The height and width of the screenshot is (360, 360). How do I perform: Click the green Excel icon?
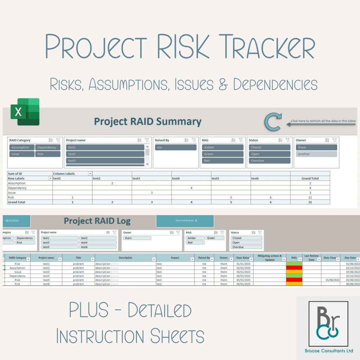25,112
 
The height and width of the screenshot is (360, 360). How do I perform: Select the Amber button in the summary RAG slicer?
222,147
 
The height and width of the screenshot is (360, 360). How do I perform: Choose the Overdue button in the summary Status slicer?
270,161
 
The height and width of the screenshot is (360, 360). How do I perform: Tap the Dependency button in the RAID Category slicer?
48,147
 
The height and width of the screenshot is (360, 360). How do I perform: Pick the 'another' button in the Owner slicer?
316,154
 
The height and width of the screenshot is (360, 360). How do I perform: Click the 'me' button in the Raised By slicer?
175,147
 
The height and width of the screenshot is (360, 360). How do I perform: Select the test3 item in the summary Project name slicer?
105,161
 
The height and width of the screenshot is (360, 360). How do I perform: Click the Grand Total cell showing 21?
310,202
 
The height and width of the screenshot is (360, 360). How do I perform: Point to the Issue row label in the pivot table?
12,193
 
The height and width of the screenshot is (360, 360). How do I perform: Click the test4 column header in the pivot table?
176,178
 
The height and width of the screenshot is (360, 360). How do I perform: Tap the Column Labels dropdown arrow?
90,174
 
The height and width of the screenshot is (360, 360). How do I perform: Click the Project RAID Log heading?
97,221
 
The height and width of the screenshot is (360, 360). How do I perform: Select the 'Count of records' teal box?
185,221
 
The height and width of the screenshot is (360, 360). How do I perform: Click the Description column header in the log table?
125,258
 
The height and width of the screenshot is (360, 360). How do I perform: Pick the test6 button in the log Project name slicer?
97,247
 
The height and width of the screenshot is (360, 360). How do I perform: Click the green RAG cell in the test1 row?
294,264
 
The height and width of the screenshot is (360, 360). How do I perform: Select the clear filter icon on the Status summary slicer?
288,140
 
